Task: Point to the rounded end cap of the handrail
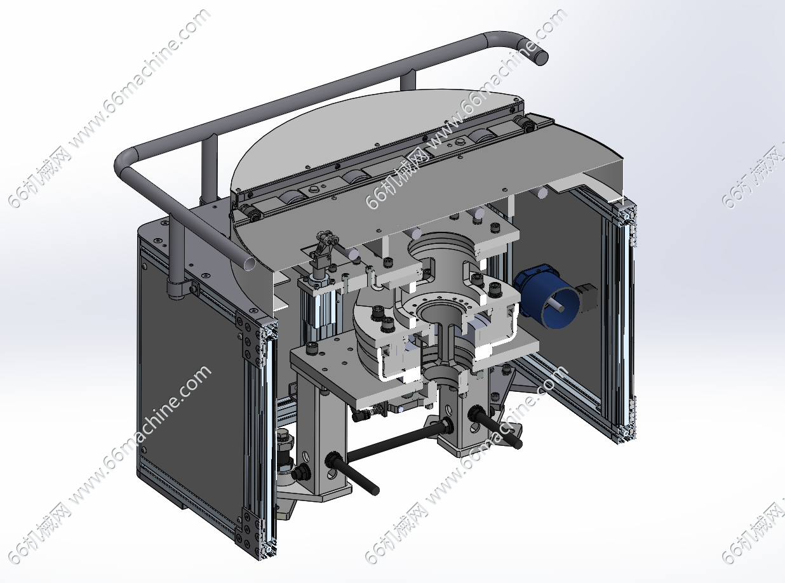[540, 57]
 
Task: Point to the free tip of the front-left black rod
[375, 491]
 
